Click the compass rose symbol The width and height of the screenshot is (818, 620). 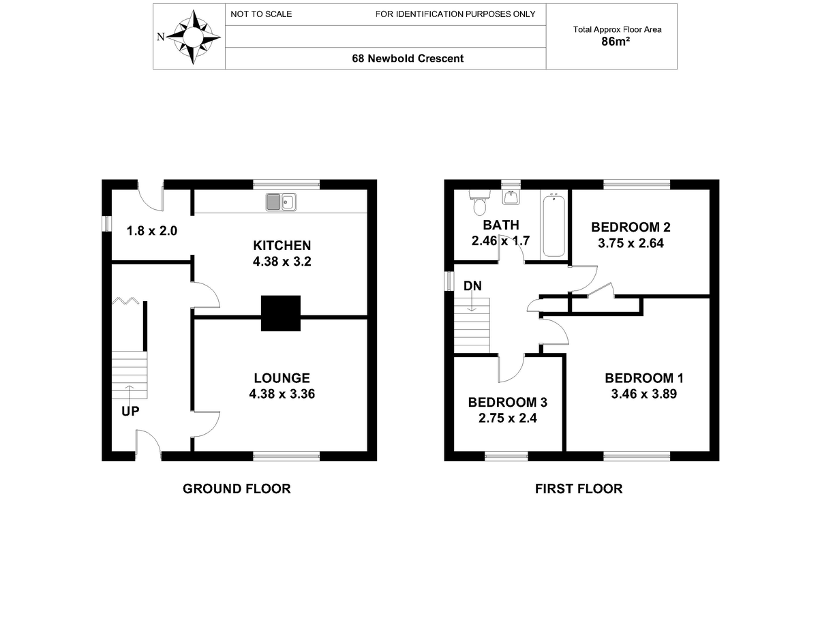(193, 37)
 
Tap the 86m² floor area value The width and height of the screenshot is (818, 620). (616, 42)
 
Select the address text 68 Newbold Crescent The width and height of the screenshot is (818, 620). (408, 59)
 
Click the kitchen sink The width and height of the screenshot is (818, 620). (281, 202)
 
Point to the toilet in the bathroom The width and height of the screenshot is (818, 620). (479, 202)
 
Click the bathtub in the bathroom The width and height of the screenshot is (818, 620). (554, 226)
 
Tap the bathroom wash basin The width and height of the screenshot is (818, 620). (511, 198)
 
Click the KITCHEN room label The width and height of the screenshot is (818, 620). (282, 245)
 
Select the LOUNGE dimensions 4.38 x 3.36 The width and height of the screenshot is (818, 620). (282, 394)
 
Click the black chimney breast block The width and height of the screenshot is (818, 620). (281, 313)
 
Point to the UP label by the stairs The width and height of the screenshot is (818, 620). (130, 411)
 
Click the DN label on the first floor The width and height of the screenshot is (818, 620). (472, 285)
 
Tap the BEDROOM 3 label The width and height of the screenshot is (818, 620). (508, 402)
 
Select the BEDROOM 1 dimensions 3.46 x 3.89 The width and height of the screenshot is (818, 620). (643, 394)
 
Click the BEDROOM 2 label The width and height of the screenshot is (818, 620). (631, 227)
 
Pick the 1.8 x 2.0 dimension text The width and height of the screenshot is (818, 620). (152, 231)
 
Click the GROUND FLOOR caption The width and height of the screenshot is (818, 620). (237, 489)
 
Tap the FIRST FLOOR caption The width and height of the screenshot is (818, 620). (579, 489)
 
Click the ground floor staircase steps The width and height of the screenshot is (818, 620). (130, 375)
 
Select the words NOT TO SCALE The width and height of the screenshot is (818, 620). (261, 14)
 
